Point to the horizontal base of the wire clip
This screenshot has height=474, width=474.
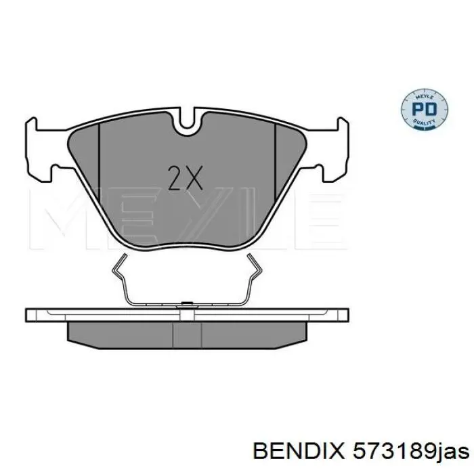click(188, 301)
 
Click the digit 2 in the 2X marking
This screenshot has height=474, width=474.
click(174, 179)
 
